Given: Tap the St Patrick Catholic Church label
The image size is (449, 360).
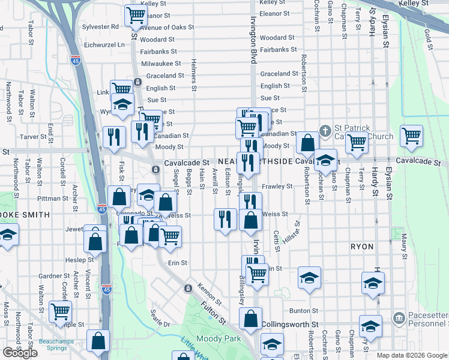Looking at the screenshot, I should point(363,132).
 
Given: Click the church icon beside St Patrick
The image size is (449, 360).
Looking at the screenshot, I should point(325,129).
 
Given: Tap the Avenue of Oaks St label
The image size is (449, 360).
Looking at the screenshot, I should point(167,28).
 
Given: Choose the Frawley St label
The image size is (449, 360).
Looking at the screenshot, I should point(277,186).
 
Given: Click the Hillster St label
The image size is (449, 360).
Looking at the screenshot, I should point(295,231).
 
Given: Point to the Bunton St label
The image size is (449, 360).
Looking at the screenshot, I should point(303,310).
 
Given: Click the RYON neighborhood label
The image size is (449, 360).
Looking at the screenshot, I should point(362,247).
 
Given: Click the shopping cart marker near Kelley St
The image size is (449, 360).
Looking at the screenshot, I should point(136,15).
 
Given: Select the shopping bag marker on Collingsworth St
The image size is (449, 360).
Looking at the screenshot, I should point(252,319).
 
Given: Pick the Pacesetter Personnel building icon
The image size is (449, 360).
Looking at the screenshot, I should point(397,317).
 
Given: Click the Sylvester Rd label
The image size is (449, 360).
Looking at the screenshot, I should point(100,27).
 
